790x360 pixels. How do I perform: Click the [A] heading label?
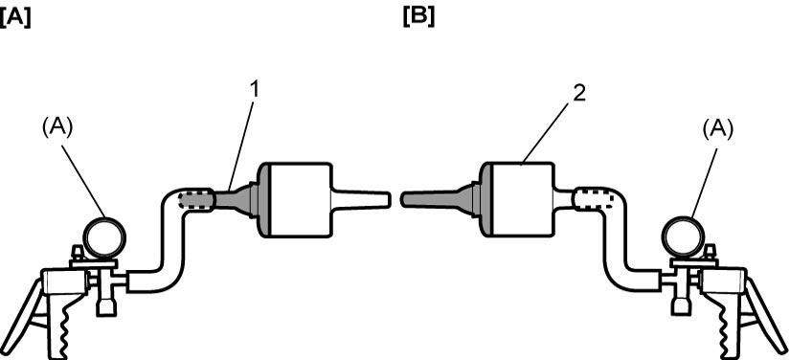coord(15,18)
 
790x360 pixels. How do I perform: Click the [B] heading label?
coord(418,17)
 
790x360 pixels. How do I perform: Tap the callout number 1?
coord(255,91)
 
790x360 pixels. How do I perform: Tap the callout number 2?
coord(579,94)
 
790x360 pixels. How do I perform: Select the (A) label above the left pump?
coord(58,128)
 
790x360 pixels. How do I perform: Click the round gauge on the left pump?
coord(104,236)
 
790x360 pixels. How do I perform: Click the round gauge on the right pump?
coord(683,236)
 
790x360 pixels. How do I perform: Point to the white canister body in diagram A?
coord(302,200)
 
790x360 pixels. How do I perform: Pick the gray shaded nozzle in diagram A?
coord(236,200)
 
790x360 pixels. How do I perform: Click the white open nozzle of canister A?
coord(361,199)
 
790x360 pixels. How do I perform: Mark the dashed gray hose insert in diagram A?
coord(195,199)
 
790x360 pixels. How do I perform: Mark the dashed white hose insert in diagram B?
coord(595,199)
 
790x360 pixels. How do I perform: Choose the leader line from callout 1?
coord(240,146)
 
